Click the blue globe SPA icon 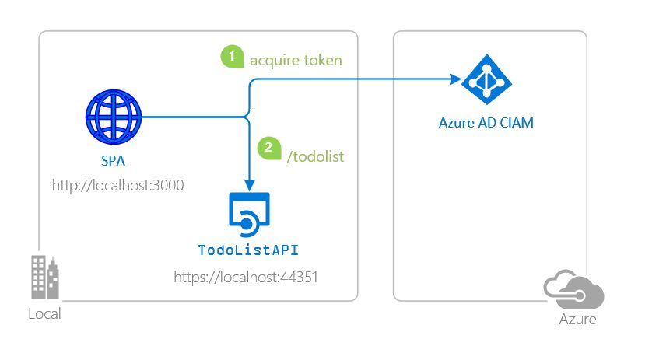click(x=114, y=117)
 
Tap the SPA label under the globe click(x=114, y=163)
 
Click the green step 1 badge click(x=231, y=58)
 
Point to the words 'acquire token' click(x=295, y=60)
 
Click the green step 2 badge click(x=268, y=147)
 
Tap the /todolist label click(x=315, y=156)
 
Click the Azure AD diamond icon click(x=486, y=79)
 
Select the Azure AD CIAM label click(x=486, y=123)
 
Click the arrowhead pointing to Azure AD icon click(x=456, y=79)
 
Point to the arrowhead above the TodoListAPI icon click(x=248, y=184)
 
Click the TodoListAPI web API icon click(x=248, y=215)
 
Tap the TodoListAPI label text click(x=248, y=251)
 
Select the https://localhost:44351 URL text click(x=247, y=276)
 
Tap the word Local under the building click(x=44, y=314)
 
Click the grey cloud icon click(x=574, y=290)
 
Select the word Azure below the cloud click(x=577, y=320)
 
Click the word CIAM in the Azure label click(x=516, y=123)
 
